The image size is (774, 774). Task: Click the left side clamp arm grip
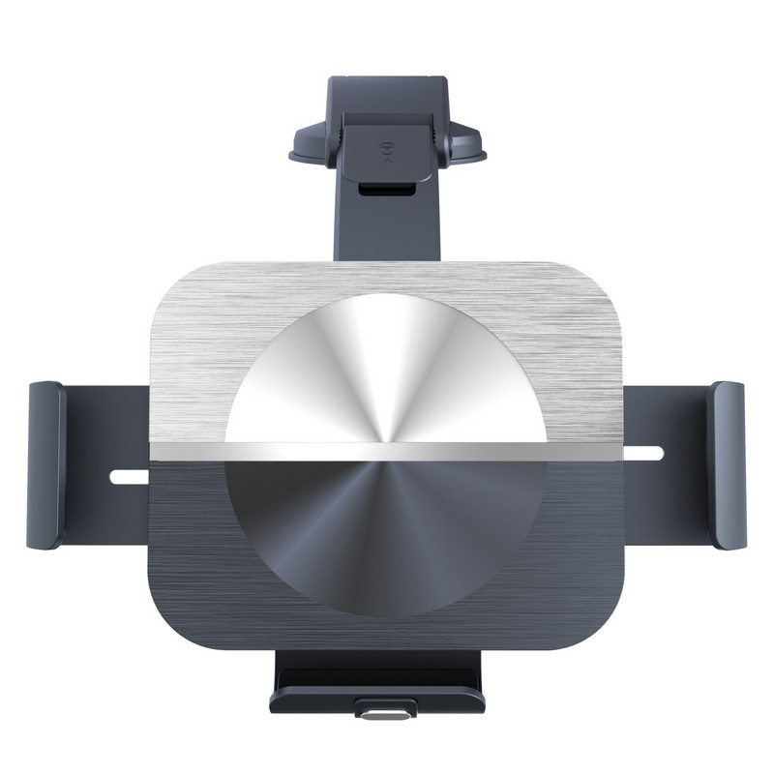46,464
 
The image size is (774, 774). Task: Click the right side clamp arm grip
728,464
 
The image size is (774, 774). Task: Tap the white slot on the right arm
645,452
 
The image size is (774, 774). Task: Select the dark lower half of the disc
387,532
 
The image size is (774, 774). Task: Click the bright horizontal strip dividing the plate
387,450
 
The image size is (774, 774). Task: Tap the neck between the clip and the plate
387,232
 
